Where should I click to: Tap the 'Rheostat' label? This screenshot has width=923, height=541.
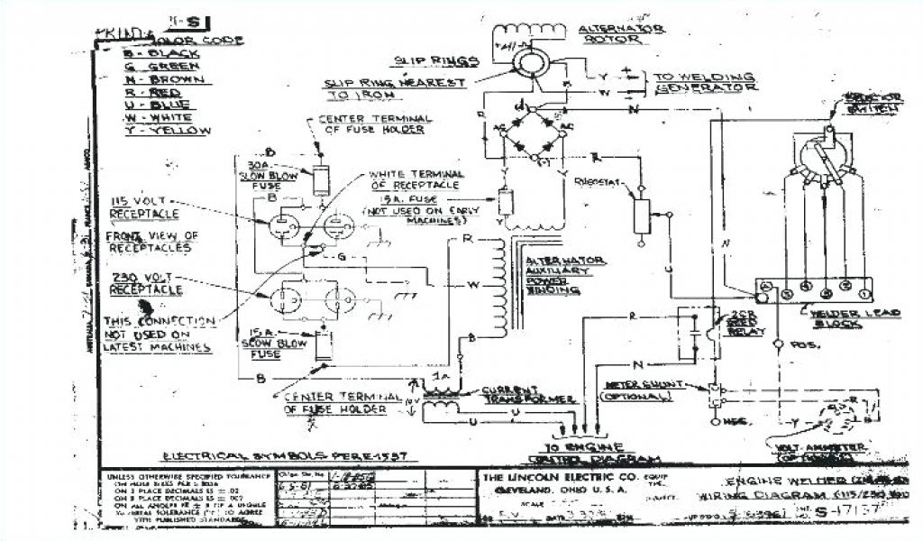[599, 180]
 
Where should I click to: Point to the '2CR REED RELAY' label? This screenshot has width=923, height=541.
[749, 324]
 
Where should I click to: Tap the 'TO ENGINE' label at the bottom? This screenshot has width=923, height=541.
[589, 447]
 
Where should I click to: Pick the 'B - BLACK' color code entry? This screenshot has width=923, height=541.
[154, 52]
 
